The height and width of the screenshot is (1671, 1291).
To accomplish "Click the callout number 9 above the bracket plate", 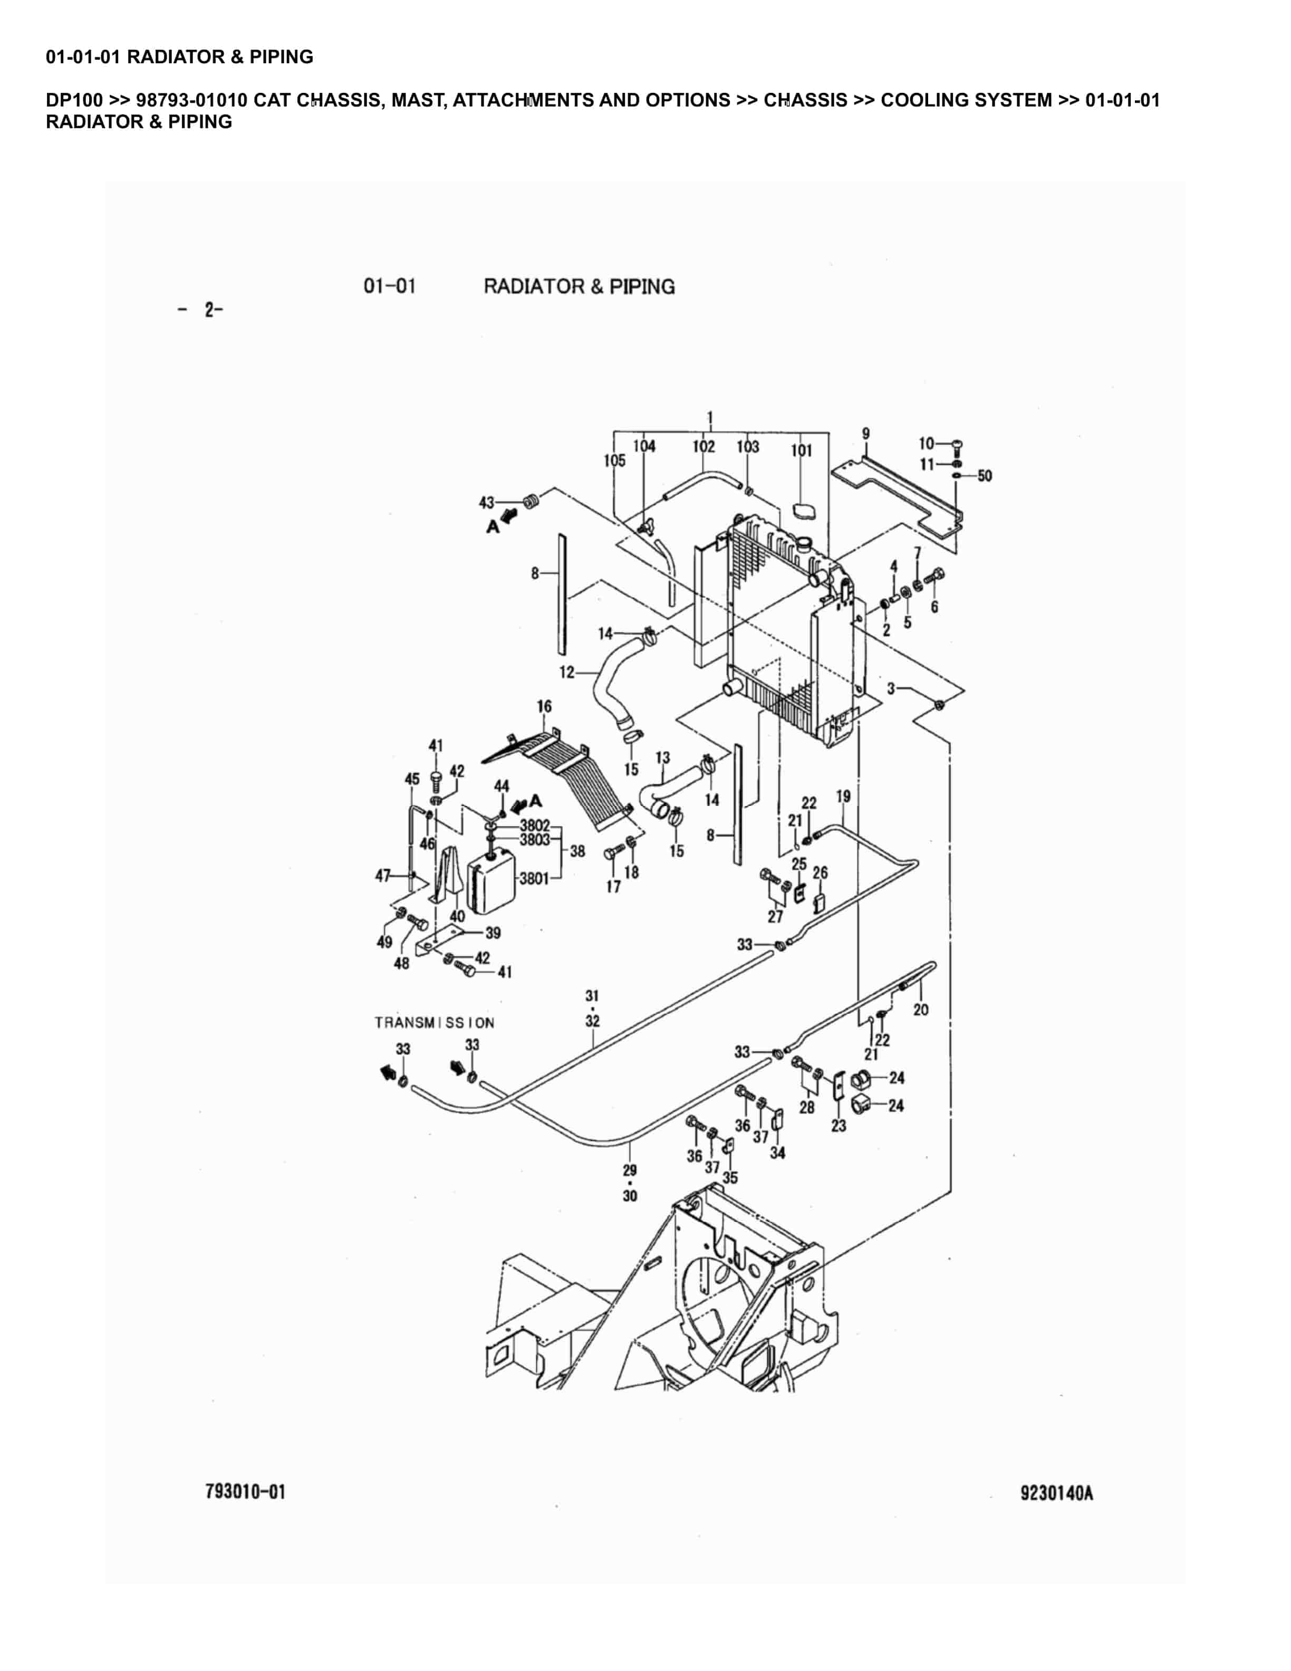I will coord(866,434).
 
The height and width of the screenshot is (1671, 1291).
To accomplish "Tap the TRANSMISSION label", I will coord(435,1022).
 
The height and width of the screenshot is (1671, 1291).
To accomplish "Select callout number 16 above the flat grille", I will coord(544,706).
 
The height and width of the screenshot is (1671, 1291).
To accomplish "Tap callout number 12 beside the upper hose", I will coord(567,673).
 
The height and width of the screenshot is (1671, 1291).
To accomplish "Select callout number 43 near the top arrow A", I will coord(486,503).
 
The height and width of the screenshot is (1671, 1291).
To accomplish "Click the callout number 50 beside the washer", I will coord(984,476).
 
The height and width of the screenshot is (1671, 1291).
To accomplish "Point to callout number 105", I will coord(614,460).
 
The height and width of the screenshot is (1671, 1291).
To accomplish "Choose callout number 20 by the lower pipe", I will coord(921,1010).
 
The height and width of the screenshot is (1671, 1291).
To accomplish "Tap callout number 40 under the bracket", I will coord(457,916).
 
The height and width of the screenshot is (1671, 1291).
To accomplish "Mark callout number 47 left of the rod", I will coord(382,875).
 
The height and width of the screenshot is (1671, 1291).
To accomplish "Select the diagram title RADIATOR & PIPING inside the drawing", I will coord(579,287).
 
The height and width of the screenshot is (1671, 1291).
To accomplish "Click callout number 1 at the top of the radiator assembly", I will coord(710,418).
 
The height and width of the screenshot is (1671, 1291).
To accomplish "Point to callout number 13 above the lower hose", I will coord(662,757).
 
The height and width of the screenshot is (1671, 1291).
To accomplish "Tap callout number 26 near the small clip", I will coord(820,872).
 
